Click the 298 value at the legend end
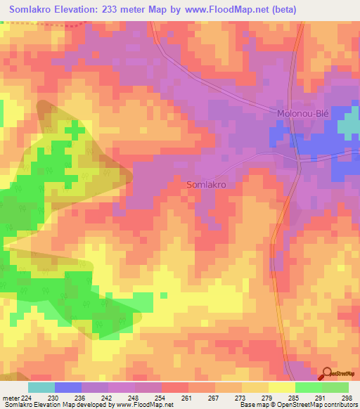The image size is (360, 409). coord(345,398)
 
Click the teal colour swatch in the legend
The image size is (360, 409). coord(41,387)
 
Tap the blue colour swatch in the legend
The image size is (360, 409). coord(68,387)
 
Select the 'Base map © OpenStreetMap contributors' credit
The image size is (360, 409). coord(297,405)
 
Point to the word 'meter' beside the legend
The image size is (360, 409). coord(10,398)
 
